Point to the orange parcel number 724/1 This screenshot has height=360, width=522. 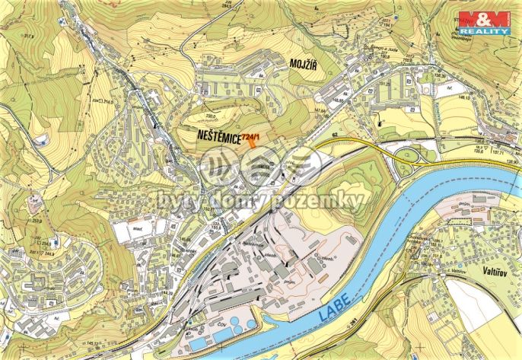(x=252, y=138)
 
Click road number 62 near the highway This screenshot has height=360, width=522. (x=334, y=135)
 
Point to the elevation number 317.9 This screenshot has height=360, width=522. (x=30, y=35)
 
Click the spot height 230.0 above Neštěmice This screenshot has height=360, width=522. (x=211, y=116)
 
